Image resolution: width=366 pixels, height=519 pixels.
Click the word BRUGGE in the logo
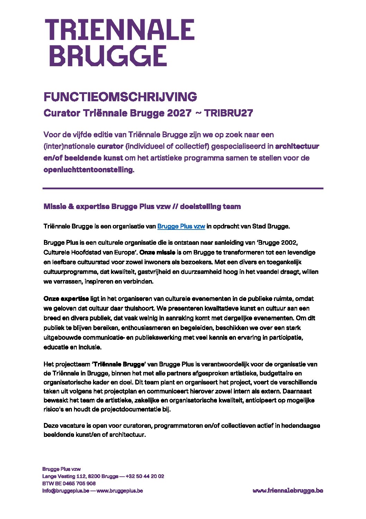(108, 56)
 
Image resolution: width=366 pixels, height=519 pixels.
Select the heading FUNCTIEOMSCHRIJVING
(120, 97)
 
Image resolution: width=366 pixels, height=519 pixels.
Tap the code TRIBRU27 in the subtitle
(228, 113)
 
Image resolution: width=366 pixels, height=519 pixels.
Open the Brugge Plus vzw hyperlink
(181, 226)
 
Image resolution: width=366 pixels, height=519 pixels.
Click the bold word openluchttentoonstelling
(88, 170)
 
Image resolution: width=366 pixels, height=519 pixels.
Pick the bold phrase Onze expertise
(66, 299)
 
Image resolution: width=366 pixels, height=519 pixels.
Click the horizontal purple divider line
(183, 188)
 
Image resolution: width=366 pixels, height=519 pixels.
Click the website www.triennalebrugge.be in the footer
(288, 491)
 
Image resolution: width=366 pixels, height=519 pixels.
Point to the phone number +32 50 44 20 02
(145, 476)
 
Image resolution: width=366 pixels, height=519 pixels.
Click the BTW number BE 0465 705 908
(73, 483)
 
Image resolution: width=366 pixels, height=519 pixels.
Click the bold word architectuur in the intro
(297, 146)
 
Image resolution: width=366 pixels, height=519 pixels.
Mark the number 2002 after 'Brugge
(289, 242)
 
